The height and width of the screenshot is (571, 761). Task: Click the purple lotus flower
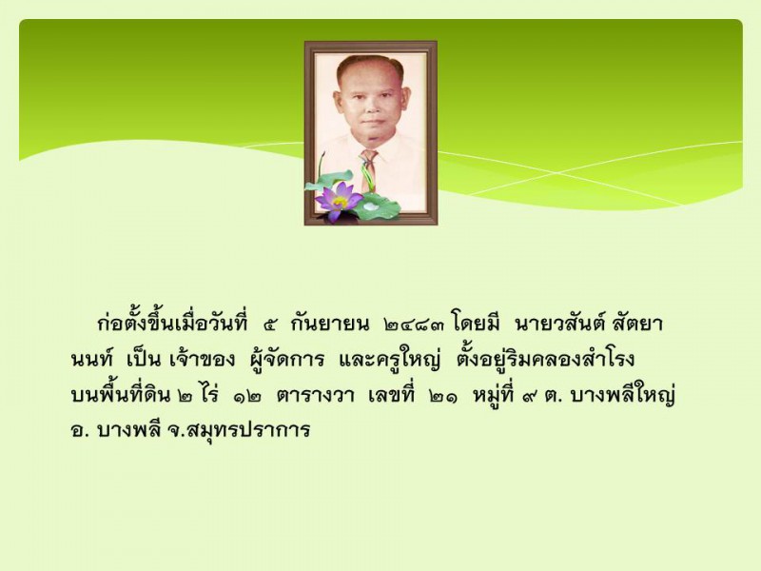(338, 201)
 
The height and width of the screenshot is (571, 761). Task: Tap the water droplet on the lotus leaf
(371, 207)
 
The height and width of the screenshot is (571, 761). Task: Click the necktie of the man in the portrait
(368, 170)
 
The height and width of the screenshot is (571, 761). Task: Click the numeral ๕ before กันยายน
(270, 325)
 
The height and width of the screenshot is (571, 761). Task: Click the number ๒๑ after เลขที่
(442, 396)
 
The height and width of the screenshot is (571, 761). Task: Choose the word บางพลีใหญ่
(623, 395)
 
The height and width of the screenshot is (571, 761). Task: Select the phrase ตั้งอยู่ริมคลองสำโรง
(546, 359)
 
